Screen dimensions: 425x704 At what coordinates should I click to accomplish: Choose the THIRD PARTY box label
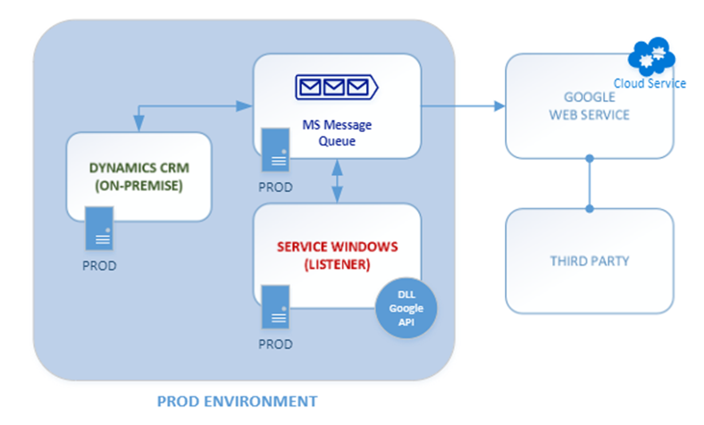click(x=589, y=261)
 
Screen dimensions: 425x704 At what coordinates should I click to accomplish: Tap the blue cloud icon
click(x=651, y=59)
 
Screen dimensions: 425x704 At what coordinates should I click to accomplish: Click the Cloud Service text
click(x=650, y=83)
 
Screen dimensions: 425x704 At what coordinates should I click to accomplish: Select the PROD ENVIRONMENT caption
click(x=237, y=401)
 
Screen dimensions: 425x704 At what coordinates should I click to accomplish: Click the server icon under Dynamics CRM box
click(x=99, y=230)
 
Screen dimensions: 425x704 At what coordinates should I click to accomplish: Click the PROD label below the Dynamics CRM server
click(x=99, y=265)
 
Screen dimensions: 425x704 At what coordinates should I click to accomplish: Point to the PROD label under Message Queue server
click(x=275, y=188)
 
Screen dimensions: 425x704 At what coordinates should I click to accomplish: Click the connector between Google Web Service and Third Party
click(x=589, y=183)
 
